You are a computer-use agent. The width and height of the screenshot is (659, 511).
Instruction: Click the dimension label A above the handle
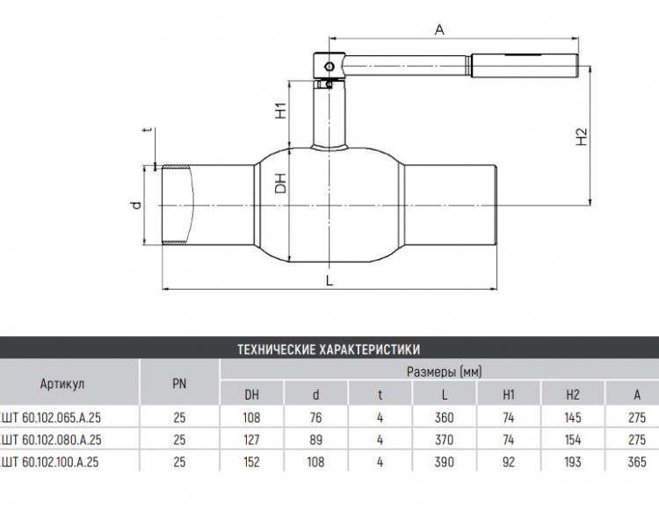[439, 30]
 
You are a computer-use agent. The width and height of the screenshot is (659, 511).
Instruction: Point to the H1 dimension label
[280, 110]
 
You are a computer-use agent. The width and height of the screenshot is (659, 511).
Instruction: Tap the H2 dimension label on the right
[581, 136]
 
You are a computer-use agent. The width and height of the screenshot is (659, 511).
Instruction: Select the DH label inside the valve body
[280, 184]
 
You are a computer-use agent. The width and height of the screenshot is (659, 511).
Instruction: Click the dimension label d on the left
[135, 205]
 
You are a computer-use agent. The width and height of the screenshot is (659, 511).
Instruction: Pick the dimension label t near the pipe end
[147, 130]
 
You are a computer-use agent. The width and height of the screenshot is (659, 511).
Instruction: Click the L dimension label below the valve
[329, 281]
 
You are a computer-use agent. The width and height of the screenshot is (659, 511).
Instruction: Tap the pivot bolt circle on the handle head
[329, 67]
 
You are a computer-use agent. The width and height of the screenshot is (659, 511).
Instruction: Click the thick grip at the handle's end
[525, 66]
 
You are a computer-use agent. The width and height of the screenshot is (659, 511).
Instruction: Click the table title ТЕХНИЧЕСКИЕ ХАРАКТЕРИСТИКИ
[329, 349]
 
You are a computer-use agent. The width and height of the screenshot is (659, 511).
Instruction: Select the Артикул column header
[62, 384]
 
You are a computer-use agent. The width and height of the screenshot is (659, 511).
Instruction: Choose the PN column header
[179, 384]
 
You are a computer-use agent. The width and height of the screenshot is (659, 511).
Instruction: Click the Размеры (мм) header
[445, 371]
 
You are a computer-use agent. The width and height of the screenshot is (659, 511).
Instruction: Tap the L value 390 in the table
[445, 462]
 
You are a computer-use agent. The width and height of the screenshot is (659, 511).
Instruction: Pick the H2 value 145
[572, 417]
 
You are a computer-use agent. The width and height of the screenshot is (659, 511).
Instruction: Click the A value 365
[637, 462]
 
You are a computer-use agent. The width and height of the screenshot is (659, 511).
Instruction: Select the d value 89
[315, 440]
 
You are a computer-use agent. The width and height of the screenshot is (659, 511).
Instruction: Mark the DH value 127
[251, 440]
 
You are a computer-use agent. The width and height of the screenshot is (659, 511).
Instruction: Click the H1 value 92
[509, 462]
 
